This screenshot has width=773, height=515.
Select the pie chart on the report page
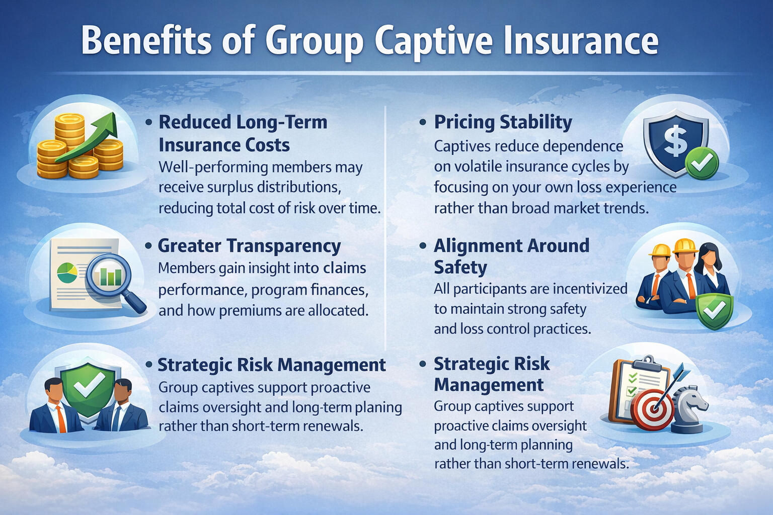click(67, 272)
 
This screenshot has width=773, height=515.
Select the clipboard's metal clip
click(648, 364)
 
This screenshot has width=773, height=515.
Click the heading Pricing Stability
click(503, 122)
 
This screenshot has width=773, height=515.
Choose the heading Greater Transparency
click(249, 246)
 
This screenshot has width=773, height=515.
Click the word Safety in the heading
click(460, 267)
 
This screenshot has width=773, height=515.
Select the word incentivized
click(587, 289)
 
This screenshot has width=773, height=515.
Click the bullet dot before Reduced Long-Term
click(149, 122)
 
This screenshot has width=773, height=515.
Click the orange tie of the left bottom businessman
click(61, 418)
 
